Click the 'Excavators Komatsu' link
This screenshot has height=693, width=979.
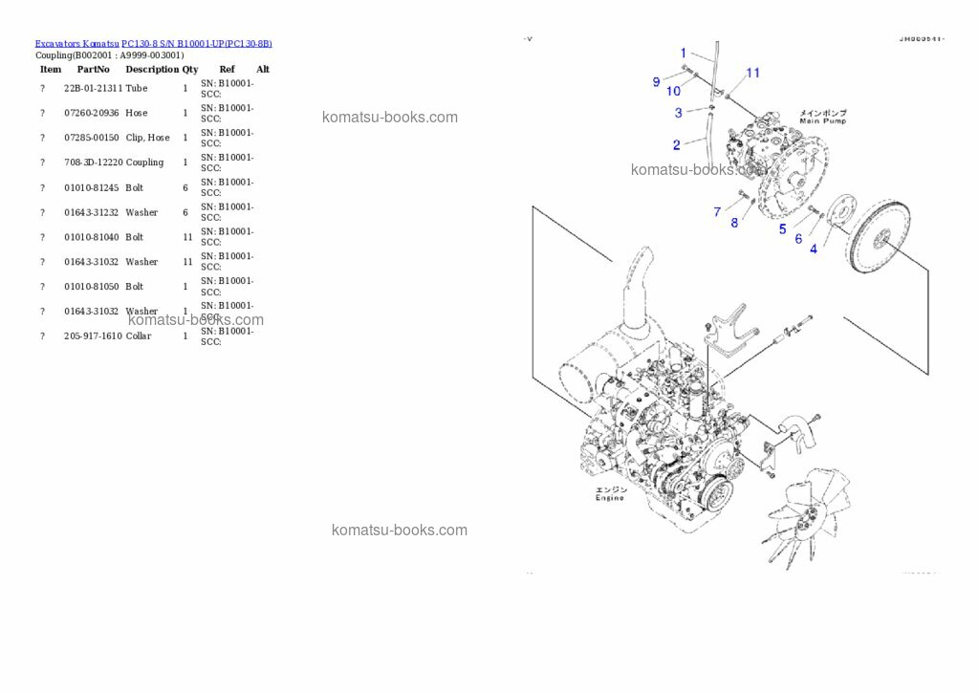coord(76,43)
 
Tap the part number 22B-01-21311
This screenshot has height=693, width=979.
coord(93,88)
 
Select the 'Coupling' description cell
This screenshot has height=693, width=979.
coord(144,162)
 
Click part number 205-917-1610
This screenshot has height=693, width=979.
coord(93,336)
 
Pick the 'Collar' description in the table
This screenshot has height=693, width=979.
coord(138,336)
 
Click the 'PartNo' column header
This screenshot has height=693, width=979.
coord(93,69)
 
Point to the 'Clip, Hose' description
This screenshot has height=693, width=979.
coord(147,138)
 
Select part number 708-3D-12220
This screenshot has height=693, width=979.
coord(93,162)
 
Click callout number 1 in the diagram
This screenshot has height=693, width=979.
coord(683,53)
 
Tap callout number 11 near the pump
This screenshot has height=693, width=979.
coord(752,73)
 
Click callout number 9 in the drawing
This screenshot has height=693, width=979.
coord(656,82)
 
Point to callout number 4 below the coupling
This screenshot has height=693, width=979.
coord(813,249)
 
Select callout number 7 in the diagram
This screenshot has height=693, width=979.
coord(717,211)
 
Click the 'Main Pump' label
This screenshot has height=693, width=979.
coord(822,118)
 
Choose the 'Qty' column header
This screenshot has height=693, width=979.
coord(190,69)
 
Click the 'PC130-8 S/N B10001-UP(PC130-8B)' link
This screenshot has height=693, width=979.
coord(196,43)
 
